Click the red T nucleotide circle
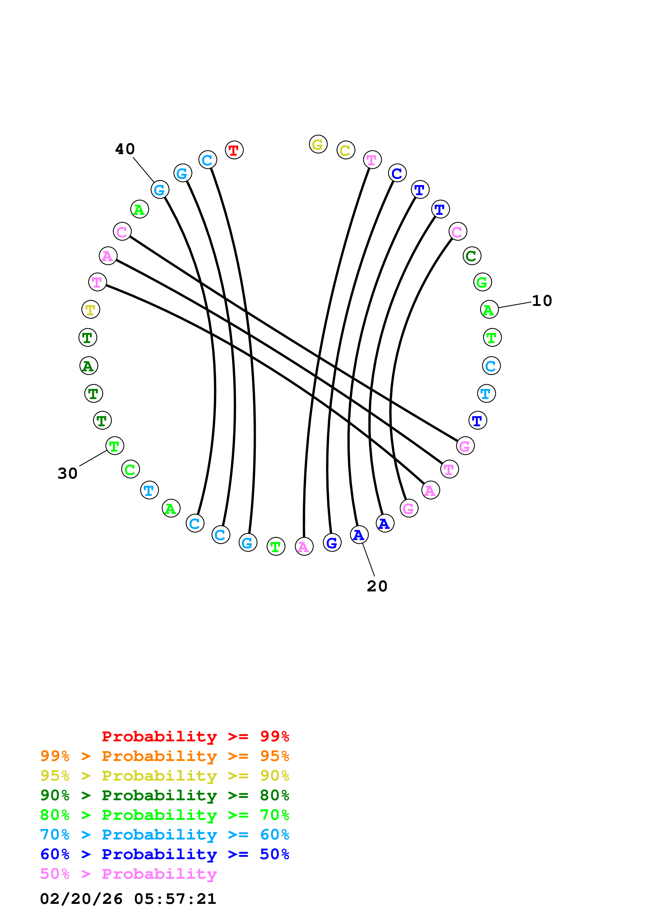(234, 150)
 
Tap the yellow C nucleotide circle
(346, 150)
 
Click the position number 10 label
(542, 301)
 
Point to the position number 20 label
(377, 586)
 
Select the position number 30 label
(67, 473)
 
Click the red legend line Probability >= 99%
(195, 736)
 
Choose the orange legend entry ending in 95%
(164, 756)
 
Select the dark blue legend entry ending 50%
(164, 854)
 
